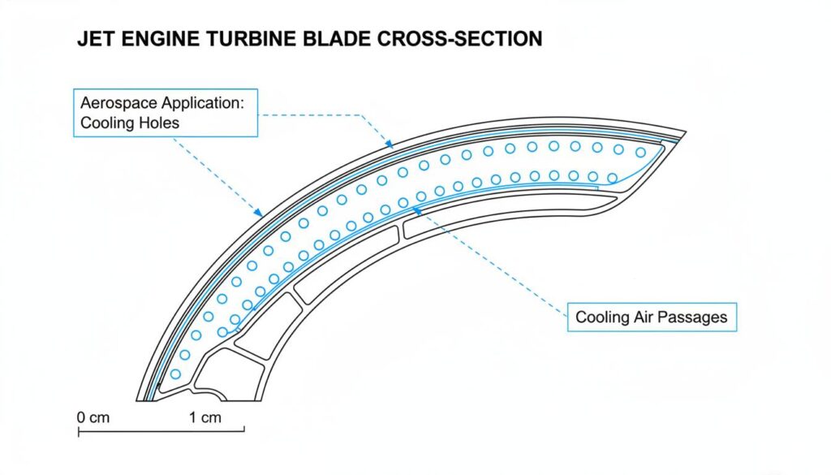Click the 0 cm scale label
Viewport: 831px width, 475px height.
coord(93,417)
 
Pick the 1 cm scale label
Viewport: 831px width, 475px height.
coord(205,417)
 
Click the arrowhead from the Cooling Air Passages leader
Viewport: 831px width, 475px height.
coord(416,209)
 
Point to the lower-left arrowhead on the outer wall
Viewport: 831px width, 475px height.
coord(259,214)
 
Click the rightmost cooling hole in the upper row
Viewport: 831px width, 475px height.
coord(640,152)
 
